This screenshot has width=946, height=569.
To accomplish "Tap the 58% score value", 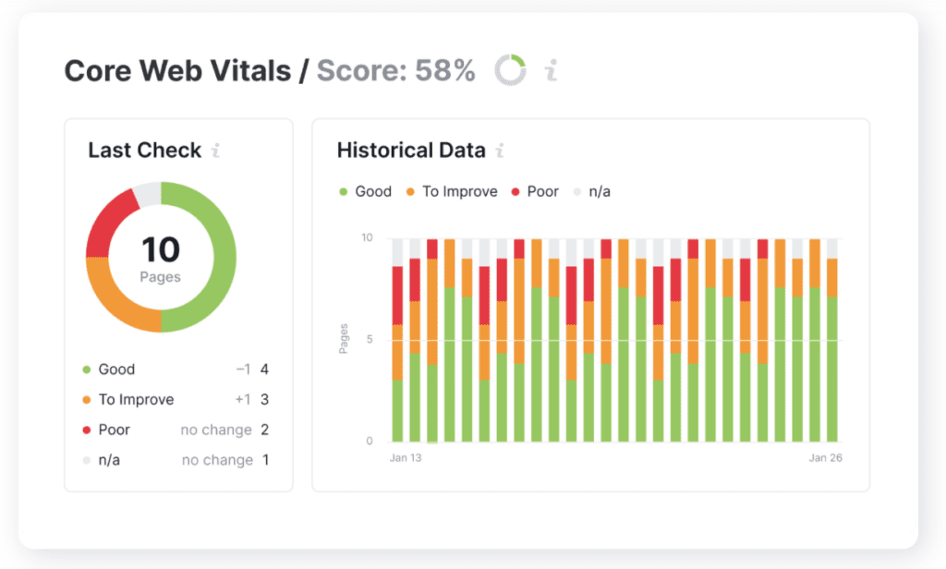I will click(444, 70).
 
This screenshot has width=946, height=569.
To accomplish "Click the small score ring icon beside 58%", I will click(510, 70).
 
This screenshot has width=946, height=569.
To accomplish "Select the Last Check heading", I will click(144, 151).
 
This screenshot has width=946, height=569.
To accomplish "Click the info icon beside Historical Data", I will click(500, 151).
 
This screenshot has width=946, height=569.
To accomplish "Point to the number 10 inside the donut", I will click(160, 249).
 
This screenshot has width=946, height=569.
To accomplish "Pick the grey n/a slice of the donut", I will click(147, 193).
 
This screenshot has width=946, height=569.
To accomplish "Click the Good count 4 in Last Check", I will click(264, 369).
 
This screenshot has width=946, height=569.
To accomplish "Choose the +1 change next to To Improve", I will click(243, 400).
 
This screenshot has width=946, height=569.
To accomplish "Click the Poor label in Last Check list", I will click(114, 430).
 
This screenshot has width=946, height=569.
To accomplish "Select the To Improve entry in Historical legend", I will click(459, 191).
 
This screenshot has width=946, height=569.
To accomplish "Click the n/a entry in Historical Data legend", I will click(600, 191).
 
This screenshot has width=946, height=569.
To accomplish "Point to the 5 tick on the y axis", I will click(368, 339).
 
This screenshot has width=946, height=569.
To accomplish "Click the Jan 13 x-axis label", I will click(406, 458).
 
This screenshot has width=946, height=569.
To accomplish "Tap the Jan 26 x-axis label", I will click(825, 458).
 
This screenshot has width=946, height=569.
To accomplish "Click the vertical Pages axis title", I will click(344, 339).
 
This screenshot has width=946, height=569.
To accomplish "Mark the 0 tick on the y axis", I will click(368, 441).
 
